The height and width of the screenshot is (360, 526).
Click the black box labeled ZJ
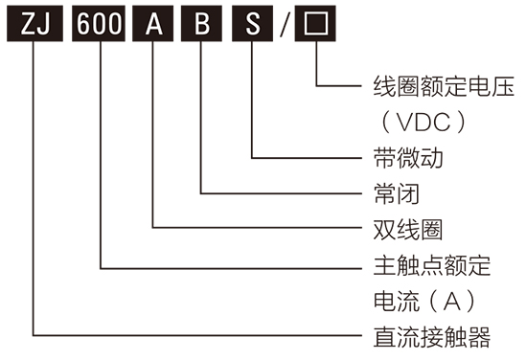click(35, 24)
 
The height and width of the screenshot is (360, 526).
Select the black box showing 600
click(100, 24)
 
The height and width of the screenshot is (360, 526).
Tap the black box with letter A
click(153, 24)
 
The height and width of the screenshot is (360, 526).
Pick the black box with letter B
click(201, 24)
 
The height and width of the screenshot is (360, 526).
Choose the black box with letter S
click(252, 24)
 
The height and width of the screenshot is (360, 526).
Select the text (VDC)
click(423, 123)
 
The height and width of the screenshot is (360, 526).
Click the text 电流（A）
click(423, 300)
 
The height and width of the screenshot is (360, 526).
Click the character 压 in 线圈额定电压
click(502, 87)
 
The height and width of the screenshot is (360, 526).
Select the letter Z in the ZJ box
click(27, 24)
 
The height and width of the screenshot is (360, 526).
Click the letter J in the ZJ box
click(44, 24)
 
